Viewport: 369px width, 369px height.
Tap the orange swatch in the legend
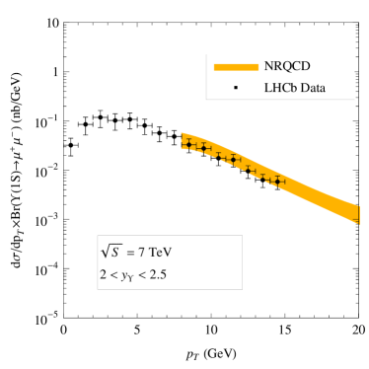[236, 67]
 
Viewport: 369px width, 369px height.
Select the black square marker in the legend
[236, 89]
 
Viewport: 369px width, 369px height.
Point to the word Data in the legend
[312, 89]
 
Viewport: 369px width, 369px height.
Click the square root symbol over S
[109, 251]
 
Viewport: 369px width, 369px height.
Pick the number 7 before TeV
[141, 252]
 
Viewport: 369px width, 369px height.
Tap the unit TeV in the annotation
[160, 252]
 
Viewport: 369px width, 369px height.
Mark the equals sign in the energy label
[128, 252]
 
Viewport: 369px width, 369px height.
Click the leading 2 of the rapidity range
[102, 274]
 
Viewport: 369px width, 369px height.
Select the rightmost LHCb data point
[278, 181]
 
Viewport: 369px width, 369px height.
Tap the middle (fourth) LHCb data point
[233, 159]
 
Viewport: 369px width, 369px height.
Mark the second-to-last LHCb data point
[264, 177]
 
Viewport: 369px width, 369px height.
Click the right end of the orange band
[357, 213]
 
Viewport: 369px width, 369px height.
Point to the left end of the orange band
[182, 141]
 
